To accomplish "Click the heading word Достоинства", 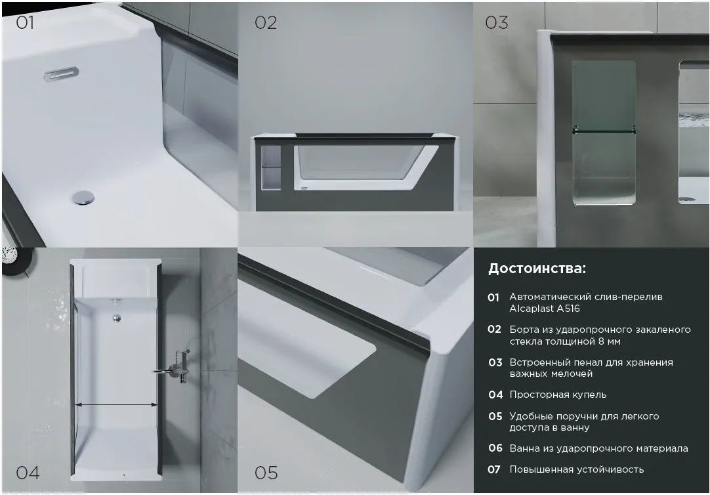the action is [537, 269].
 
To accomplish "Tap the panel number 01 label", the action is [25, 22].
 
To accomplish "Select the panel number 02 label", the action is [266, 22].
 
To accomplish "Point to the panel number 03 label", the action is [497, 22].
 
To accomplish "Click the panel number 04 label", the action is [28, 473].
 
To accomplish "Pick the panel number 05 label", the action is [266, 473].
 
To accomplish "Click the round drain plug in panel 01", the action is [84, 198].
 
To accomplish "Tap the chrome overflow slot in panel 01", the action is [61, 74].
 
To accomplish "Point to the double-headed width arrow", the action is [116, 405].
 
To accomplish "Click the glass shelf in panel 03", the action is [604, 131].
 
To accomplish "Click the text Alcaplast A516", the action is [545, 309].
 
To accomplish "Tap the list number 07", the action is [494, 469].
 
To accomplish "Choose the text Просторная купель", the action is [558, 395].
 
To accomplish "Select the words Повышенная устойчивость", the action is [576, 469].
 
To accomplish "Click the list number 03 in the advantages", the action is [495, 362].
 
